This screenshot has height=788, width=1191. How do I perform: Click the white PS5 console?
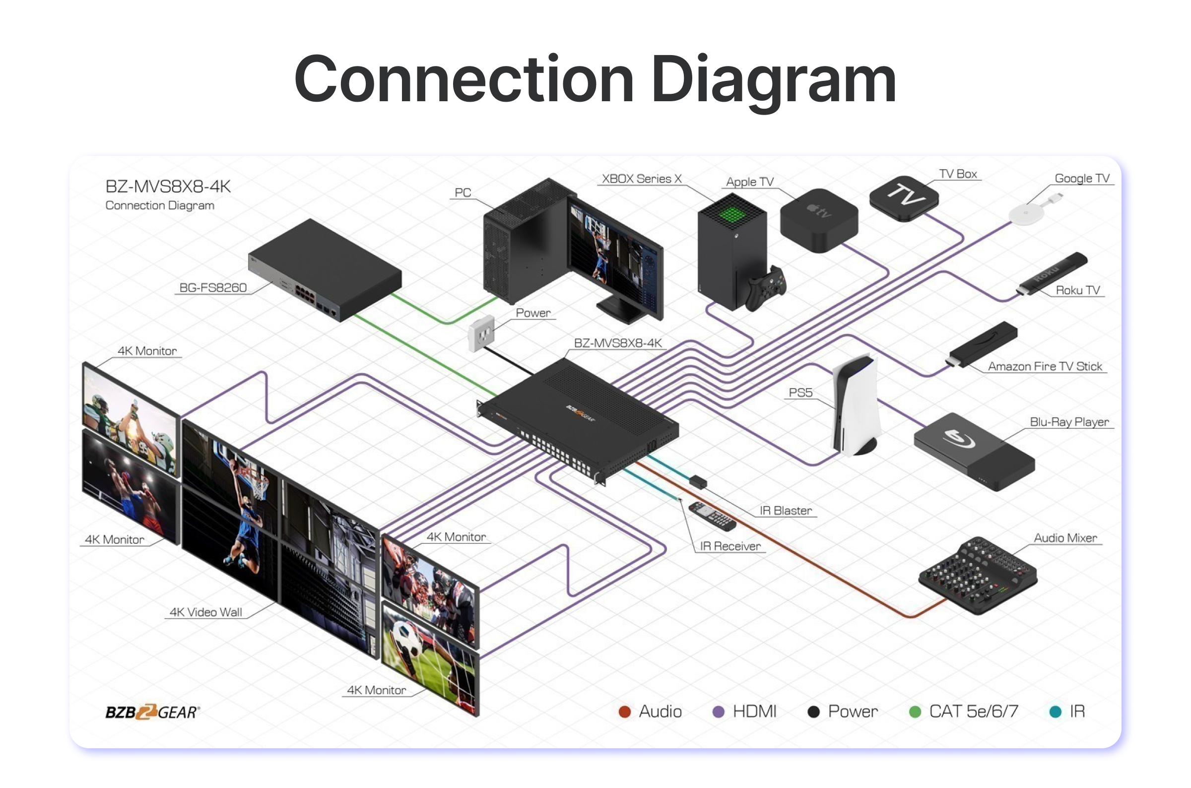coord(856,405)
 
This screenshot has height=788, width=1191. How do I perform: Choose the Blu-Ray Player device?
coord(973,451)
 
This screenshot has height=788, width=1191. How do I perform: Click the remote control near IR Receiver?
coord(712,516)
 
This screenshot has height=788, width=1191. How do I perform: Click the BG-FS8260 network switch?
coord(325,270)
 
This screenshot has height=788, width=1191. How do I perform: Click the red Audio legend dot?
coord(625,712)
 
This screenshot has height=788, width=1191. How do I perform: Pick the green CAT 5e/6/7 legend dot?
coord(915,712)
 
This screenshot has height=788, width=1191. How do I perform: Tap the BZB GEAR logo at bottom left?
coord(152,712)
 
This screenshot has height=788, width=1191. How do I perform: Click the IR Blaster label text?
coord(786,511)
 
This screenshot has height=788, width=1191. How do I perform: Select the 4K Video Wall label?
coord(205,612)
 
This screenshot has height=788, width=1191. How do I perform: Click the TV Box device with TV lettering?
coord(904,197)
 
